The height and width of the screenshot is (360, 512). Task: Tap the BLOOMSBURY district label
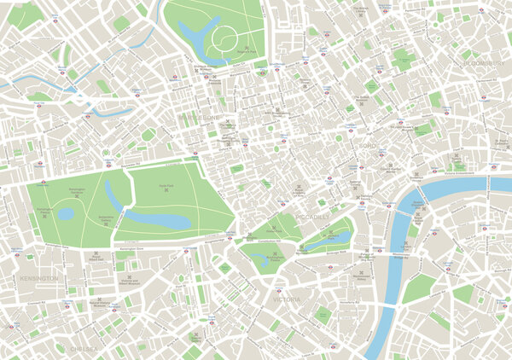coord(484,63)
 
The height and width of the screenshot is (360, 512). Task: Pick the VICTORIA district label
coord(285,300)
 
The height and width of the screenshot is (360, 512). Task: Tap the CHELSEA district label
coord(83,348)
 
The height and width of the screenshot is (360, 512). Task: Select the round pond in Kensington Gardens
coord(66,214)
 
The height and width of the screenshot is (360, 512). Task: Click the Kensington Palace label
coord(43,211)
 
